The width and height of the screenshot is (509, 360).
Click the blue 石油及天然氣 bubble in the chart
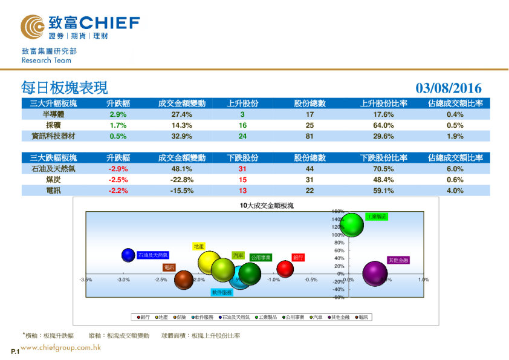click(128, 255)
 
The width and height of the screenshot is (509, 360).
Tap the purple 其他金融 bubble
click(375, 273)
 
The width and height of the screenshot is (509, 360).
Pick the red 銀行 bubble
click(285, 268)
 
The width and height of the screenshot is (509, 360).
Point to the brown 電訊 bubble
click(184, 279)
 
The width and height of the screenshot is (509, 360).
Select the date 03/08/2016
click(449, 89)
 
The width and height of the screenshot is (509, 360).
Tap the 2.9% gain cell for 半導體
click(118, 114)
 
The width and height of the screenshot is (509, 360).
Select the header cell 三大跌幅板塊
click(53, 158)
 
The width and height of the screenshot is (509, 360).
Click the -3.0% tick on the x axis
click(124, 280)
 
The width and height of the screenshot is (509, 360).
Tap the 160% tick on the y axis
click(338, 212)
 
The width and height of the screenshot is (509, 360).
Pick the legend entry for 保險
click(180, 316)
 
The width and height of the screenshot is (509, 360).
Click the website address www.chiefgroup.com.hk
click(60, 348)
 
